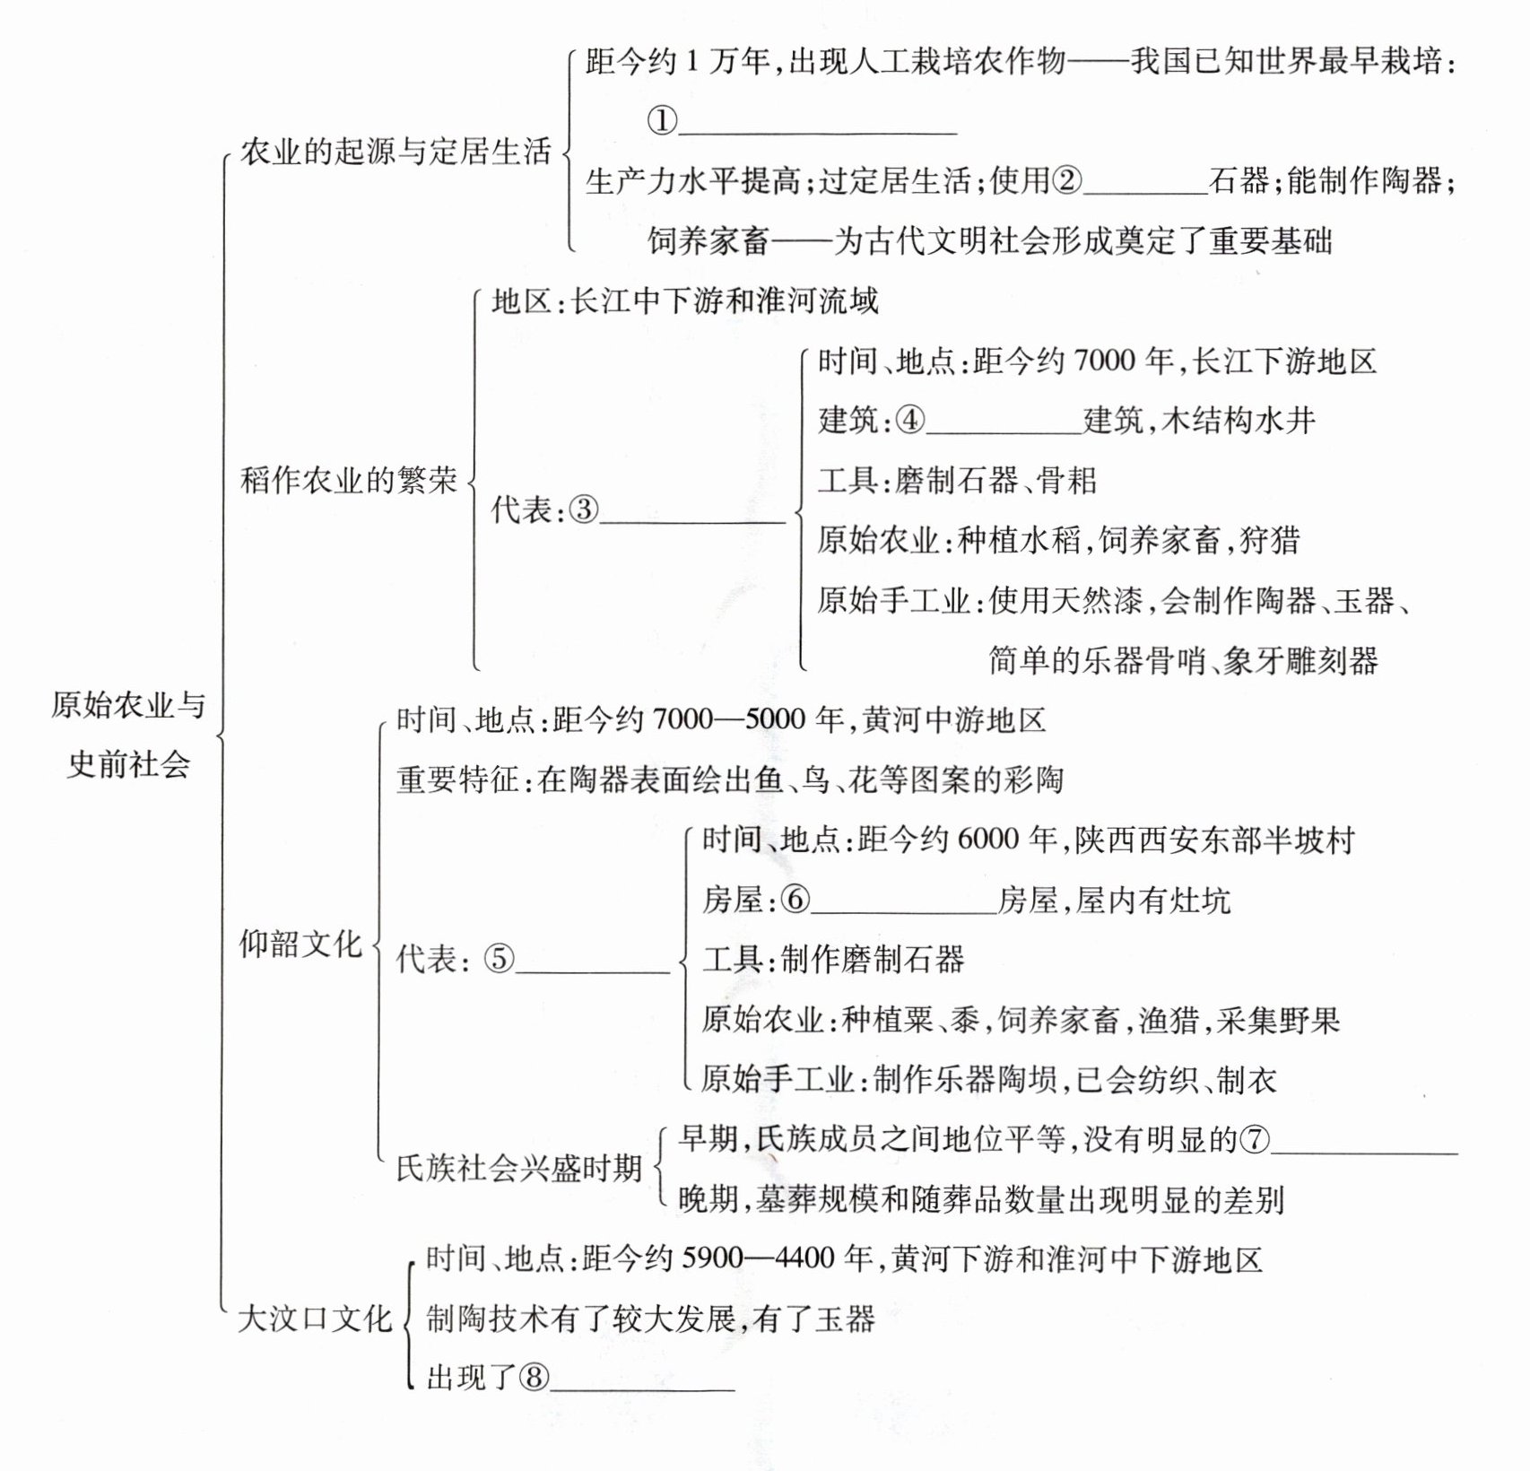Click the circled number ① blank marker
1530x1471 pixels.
pos(662,121)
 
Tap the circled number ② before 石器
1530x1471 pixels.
pos(1066,181)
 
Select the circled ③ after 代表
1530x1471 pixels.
pos(584,510)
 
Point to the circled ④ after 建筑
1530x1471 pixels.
pos(909,420)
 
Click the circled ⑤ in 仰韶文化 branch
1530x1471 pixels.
pos(500,960)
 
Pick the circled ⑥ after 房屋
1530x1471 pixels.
pos(795,900)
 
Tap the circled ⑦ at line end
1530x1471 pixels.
pos(1254,1140)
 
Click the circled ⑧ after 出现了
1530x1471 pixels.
pos(535,1378)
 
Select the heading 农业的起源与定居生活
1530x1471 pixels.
pos(395,152)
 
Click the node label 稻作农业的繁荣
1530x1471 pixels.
pos(349,481)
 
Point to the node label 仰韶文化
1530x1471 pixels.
pos(300,944)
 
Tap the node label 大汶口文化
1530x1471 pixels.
pos(315,1319)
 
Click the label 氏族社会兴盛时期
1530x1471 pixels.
pos(519,1169)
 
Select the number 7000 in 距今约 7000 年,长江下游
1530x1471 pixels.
pos(1104,361)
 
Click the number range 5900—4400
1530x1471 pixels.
pos(759,1259)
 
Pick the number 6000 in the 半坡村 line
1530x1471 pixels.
pos(988,840)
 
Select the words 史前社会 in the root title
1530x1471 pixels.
pos(129,764)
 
